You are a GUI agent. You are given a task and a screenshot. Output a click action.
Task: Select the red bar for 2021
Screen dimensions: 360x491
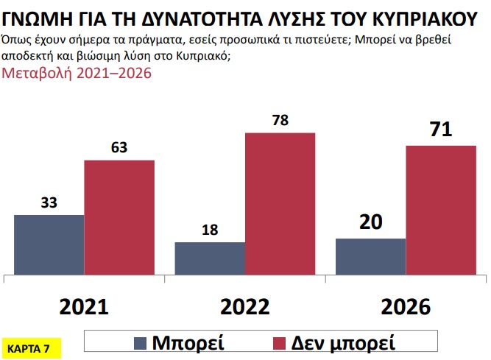[x=119, y=218]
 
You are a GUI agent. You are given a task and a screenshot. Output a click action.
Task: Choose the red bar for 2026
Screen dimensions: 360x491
[x=441, y=211]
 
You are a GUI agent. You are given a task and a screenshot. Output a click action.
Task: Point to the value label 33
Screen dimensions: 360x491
[x=49, y=202]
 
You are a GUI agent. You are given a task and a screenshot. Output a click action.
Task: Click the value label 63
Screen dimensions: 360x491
[x=119, y=147]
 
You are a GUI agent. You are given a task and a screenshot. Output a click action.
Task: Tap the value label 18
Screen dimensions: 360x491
[x=209, y=229]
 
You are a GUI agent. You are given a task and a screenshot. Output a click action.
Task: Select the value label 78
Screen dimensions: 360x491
[x=280, y=120]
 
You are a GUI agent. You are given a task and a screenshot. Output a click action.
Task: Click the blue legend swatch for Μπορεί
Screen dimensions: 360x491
[x=141, y=342]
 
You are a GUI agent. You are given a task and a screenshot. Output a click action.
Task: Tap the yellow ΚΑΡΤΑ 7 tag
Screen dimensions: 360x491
[x=28, y=347]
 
